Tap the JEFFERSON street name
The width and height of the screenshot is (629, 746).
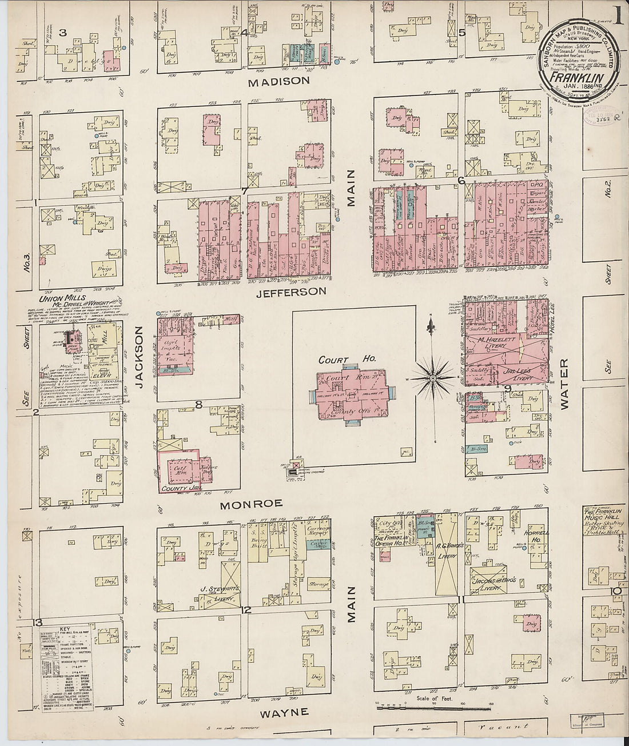pos(291,291)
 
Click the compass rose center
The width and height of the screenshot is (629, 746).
pos(433,378)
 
